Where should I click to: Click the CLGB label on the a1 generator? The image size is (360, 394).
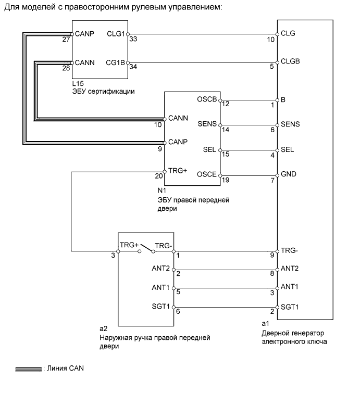[290, 60]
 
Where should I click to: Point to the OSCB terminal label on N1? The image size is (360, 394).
[207, 99]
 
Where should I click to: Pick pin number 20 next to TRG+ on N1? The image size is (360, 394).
[159, 176]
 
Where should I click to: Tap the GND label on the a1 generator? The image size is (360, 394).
[288, 174]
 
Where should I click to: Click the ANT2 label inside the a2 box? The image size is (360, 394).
[161, 269]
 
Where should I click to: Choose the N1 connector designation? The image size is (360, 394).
[169, 191]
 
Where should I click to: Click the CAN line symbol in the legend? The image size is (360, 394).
[28, 369]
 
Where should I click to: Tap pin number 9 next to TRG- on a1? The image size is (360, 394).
[271, 256]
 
